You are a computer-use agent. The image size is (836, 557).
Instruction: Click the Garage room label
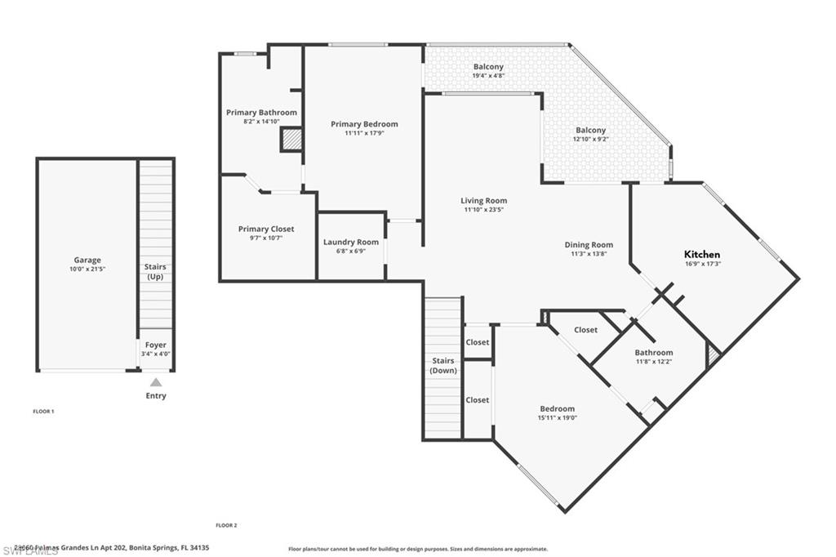(x=87, y=261)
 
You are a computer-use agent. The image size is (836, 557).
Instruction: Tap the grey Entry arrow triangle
(x=156, y=382)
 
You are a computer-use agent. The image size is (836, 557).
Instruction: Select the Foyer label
(x=155, y=345)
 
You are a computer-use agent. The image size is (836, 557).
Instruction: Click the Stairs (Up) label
(x=155, y=271)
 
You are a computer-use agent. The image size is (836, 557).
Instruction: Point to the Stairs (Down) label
(x=443, y=365)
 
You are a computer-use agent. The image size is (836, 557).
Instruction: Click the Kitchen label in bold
(x=702, y=254)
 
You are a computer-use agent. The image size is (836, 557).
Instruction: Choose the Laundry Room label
(x=351, y=242)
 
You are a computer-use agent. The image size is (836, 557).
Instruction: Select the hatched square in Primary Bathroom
(x=291, y=140)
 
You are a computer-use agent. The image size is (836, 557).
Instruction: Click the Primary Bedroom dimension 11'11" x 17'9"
(x=364, y=133)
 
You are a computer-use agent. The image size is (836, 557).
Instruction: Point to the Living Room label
(x=483, y=200)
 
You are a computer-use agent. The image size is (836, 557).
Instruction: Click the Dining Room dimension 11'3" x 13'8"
(x=589, y=254)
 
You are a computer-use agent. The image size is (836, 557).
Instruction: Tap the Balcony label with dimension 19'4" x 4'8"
(x=488, y=67)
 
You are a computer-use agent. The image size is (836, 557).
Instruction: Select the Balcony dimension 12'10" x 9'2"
(x=591, y=139)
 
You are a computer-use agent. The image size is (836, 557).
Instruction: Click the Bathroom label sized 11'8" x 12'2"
(x=654, y=353)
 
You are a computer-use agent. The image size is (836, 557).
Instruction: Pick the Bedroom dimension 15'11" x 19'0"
(x=557, y=418)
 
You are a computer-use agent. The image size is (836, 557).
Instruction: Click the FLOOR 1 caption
(x=43, y=412)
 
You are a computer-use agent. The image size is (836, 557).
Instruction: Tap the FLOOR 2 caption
(x=226, y=525)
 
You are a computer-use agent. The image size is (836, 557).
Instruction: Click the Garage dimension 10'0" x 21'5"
(x=87, y=270)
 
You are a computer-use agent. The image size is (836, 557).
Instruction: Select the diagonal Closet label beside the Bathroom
(x=585, y=330)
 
